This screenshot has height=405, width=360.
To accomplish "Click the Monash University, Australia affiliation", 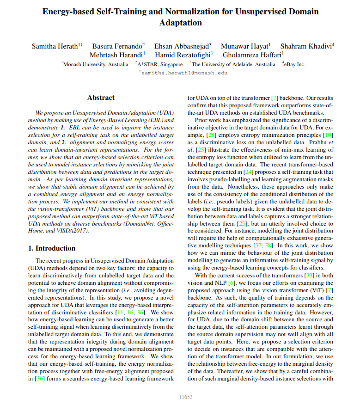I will [x=95, y=64].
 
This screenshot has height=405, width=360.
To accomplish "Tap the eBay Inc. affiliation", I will [x=294, y=64].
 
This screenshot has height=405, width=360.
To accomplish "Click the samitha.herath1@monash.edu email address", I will [x=184, y=73].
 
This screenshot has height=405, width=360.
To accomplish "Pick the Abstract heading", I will [x=101, y=98].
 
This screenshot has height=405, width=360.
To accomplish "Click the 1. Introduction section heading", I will [x=52, y=248].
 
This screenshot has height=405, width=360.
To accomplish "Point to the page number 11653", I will [x=186, y=397].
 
